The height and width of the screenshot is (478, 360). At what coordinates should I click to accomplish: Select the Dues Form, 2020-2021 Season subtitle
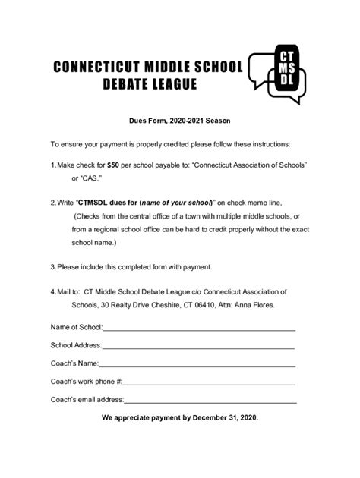[179, 121]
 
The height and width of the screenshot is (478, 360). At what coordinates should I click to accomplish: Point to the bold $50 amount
[113, 164]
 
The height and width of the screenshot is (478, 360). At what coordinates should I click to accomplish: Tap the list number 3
[52, 266]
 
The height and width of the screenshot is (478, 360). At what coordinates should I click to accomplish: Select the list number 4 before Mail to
[52, 291]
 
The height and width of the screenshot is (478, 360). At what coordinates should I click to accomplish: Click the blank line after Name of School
[198, 329]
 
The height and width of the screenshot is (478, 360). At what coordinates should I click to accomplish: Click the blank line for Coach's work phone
[210, 382]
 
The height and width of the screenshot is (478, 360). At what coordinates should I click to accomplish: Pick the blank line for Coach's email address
[210, 401]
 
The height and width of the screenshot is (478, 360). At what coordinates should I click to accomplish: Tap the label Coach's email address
[87, 399]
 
